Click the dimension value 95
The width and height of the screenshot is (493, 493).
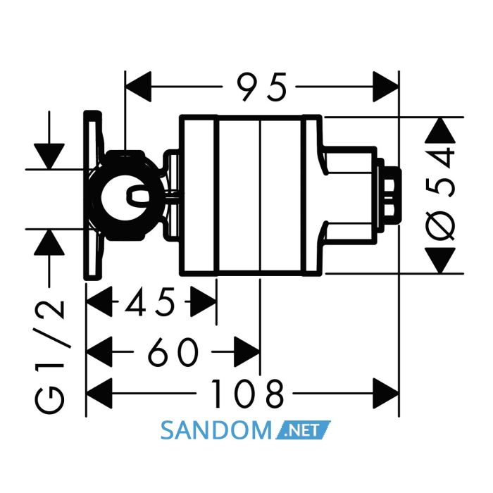(x=261, y=87)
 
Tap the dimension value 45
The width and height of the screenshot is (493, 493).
(x=149, y=302)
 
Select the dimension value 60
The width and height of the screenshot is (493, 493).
(x=173, y=352)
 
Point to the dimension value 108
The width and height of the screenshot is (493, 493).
(x=247, y=393)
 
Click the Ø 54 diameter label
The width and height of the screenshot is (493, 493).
(x=440, y=195)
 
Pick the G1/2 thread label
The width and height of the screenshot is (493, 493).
(x=50, y=357)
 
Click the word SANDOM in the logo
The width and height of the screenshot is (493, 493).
(x=216, y=431)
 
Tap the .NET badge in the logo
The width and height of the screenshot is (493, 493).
(x=303, y=430)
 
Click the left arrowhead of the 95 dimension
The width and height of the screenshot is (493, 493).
(x=138, y=87)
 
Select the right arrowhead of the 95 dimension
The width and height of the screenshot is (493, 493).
(x=386, y=87)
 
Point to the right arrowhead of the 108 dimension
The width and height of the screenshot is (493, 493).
(x=386, y=393)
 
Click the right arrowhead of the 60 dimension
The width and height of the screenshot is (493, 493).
(x=247, y=352)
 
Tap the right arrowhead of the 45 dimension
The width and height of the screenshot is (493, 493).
(x=204, y=301)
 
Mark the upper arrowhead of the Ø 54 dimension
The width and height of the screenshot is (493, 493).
(x=440, y=131)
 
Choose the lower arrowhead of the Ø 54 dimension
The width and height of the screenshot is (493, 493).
(x=440, y=261)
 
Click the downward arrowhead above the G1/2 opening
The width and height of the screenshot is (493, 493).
(x=49, y=156)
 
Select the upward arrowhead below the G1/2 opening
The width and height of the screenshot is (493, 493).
(x=49, y=242)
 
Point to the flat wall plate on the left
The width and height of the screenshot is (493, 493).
(x=93, y=195)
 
